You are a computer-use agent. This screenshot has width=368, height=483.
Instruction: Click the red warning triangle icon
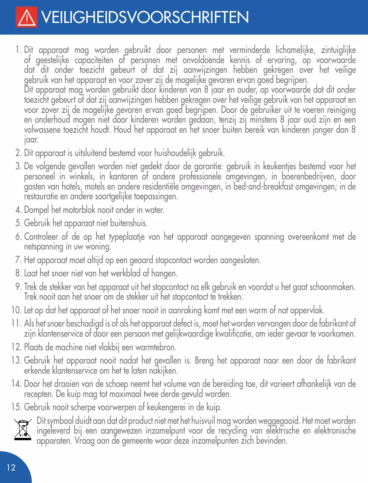(26, 18)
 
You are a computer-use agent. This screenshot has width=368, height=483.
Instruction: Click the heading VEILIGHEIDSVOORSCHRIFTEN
(144, 17)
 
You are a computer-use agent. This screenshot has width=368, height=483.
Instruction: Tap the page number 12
(11, 467)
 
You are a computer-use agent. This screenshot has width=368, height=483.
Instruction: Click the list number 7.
(18, 260)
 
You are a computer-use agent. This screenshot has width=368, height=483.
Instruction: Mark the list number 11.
(16, 323)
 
